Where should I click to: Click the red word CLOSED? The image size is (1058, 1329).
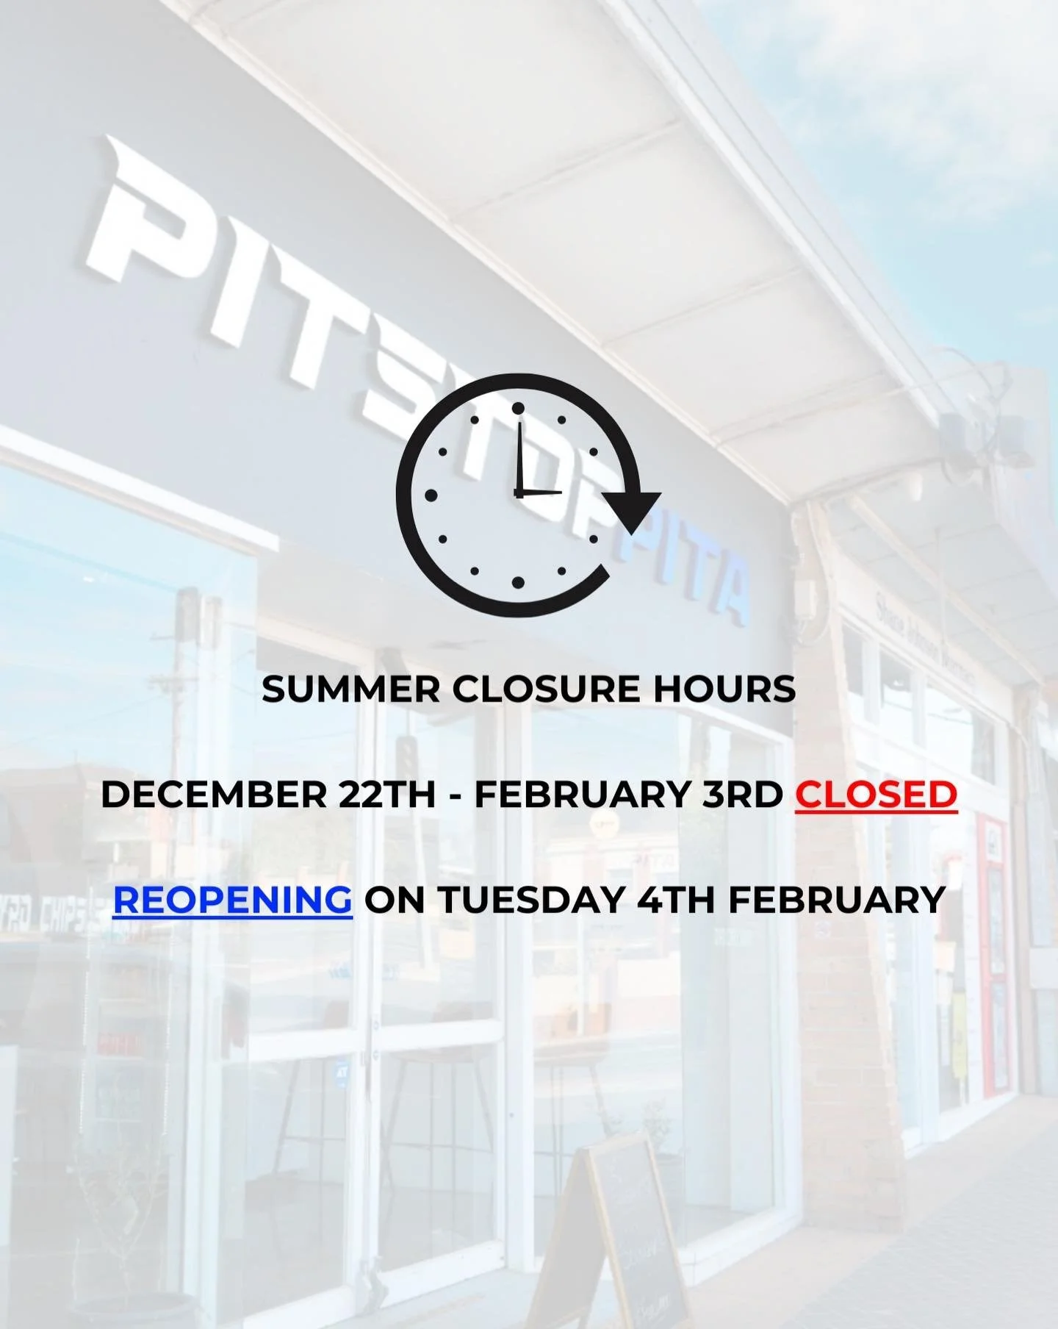point(876,795)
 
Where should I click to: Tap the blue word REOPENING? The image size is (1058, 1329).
point(232,900)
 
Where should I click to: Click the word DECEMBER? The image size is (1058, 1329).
point(213,795)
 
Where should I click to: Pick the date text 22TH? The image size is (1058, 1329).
point(387,795)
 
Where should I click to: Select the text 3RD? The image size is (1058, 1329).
point(742,795)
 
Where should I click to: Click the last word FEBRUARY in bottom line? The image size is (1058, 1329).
point(836,900)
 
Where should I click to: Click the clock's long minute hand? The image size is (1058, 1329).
point(520,456)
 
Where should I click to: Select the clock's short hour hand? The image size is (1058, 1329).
point(540,492)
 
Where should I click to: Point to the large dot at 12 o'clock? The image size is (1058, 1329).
point(518,409)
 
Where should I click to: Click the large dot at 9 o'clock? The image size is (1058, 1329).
point(431,496)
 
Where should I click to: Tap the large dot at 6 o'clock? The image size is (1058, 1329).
point(518,583)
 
